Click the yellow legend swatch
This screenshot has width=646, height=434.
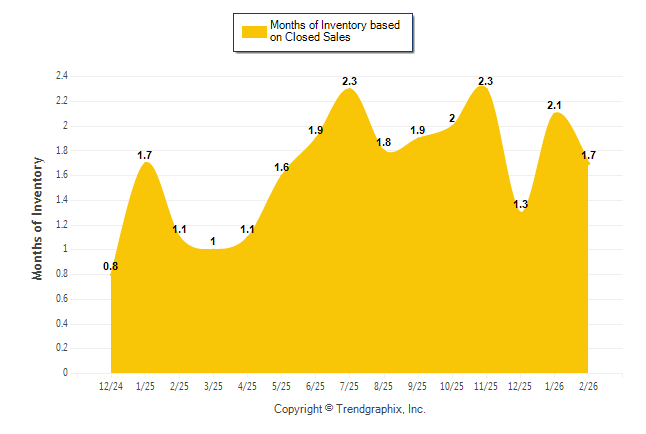pyautogui.click(x=252, y=31)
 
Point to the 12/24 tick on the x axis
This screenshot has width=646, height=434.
pyautogui.click(x=111, y=386)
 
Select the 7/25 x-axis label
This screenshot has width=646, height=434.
pyautogui.click(x=349, y=386)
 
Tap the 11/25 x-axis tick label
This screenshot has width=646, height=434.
pyautogui.click(x=485, y=386)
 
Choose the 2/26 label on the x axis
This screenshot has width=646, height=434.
pyautogui.click(x=587, y=386)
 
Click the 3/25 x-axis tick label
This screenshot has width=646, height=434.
pyautogui.click(x=213, y=386)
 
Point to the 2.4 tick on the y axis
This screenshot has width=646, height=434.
pyautogui.click(x=61, y=76)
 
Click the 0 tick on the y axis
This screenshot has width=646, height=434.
pyautogui.click(x=65, y=373)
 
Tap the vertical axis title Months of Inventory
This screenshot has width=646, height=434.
pyautogui.click(x=39, y=217)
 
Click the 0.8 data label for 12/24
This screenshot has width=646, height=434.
pyautogui.click(x=111, y=266)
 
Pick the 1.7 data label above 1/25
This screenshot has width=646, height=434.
pyautogui.click(x=145, y=155)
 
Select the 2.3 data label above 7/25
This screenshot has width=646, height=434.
pyautogui.click(x=349, y=81)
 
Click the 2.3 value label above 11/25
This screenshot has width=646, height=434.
pyautogui.click(x=485, y=81)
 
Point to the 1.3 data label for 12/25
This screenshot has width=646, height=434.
pyautogui.click(x=519, y=205)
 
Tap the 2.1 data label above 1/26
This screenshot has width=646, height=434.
pyautogui.click(x=553, y=105)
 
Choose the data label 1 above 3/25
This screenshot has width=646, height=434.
pyautogui.click(x=213, y=241)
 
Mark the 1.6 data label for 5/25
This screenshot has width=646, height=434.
pyautogui.click(x=281, y=167)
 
